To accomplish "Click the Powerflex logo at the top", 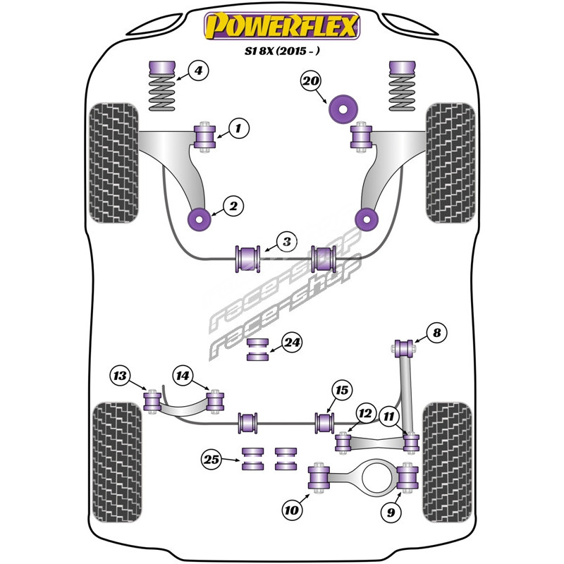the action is tap(282, 26).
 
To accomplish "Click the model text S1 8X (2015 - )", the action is tap(282, 51).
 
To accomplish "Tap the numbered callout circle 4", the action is tap(198, 70).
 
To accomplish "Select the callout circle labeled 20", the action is tap(310, 81).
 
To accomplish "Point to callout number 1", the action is tap(238, 128).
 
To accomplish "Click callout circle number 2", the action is tap(233, 206).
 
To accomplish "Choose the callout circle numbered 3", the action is tap(287, 242).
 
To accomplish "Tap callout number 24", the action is tap(291, 342).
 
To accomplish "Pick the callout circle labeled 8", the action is tap(436, 333).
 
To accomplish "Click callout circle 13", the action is tap(120, 376).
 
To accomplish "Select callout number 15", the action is tap(341, 391).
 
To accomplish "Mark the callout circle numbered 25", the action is tap(211, 460).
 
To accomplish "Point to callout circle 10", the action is tap(291, 510).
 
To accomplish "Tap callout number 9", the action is tap(391, 512).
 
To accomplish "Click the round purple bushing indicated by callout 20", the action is tap(343, 109).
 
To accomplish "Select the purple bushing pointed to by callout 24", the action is tap(258, 349).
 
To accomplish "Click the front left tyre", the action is tap(114, 163).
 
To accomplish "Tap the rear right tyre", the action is tap(447, 462).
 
